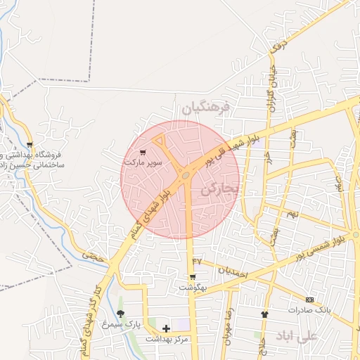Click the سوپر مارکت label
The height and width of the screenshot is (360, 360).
click(143, 162)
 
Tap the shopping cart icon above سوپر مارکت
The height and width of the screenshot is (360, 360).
click(143, 152)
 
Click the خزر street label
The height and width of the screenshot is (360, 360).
click(269, 156)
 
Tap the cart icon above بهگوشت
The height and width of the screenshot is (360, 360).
click(193, 277)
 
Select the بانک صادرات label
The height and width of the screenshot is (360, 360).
click(309, 309)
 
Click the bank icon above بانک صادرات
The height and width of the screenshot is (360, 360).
click(309, 300)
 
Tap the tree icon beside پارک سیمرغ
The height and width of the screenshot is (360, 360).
click(121, 314)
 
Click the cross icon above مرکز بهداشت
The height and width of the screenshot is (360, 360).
click(166, 328)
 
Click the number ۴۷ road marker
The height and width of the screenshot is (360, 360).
click(197, 261)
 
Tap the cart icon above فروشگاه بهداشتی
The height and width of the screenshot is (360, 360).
click(29, 145)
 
